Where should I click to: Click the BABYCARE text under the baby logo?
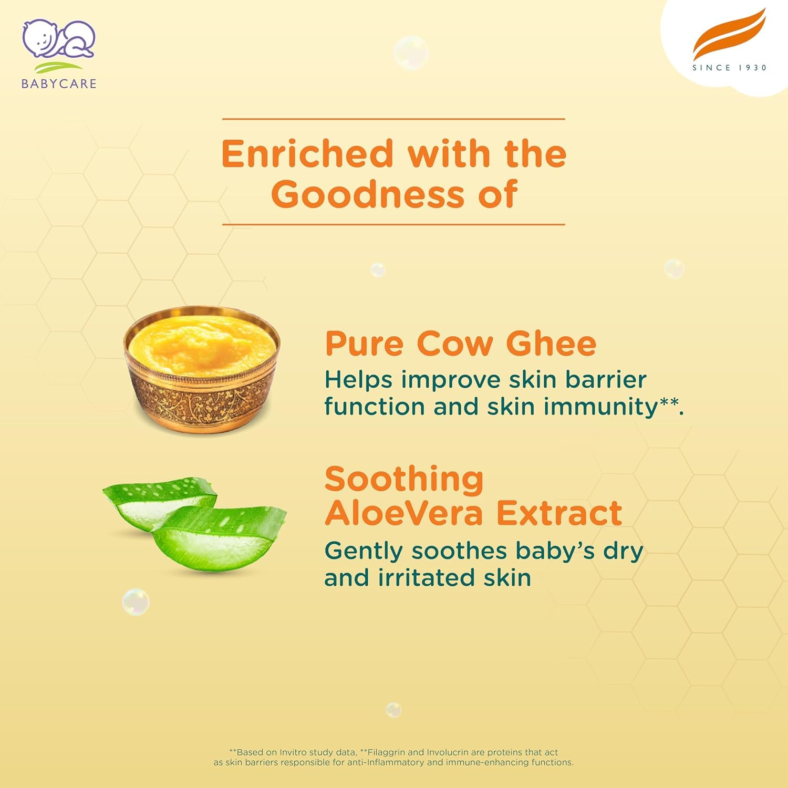coord(59,84)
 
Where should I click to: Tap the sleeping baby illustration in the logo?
coord(58,39)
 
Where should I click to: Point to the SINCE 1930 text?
coord(729,68)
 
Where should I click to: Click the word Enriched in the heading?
coord(307,154)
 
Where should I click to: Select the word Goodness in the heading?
coord(368,194)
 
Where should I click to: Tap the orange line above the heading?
coord(393,119)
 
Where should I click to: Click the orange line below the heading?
coord(393,224)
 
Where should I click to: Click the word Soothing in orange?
coord(404,479)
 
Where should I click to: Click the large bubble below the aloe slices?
coord(136,602)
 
